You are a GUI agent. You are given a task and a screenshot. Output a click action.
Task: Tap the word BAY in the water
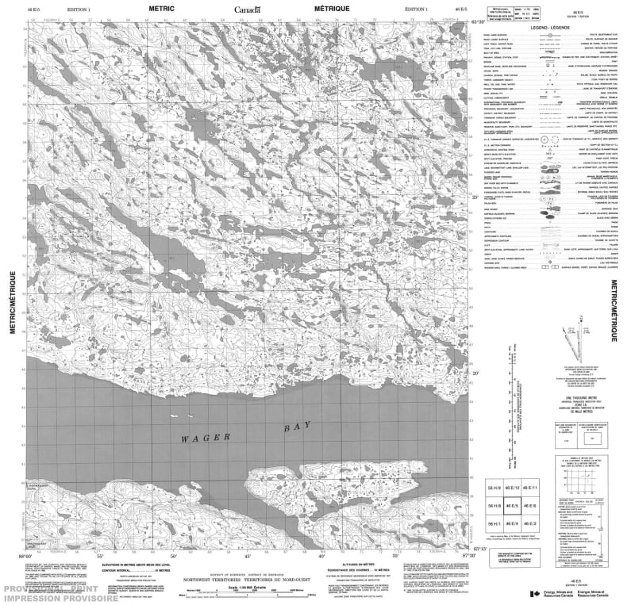pyautogui.click(x=294, y=427)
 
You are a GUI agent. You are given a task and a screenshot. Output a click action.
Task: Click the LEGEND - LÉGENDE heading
pyautogui.click(x=547, y=26)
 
